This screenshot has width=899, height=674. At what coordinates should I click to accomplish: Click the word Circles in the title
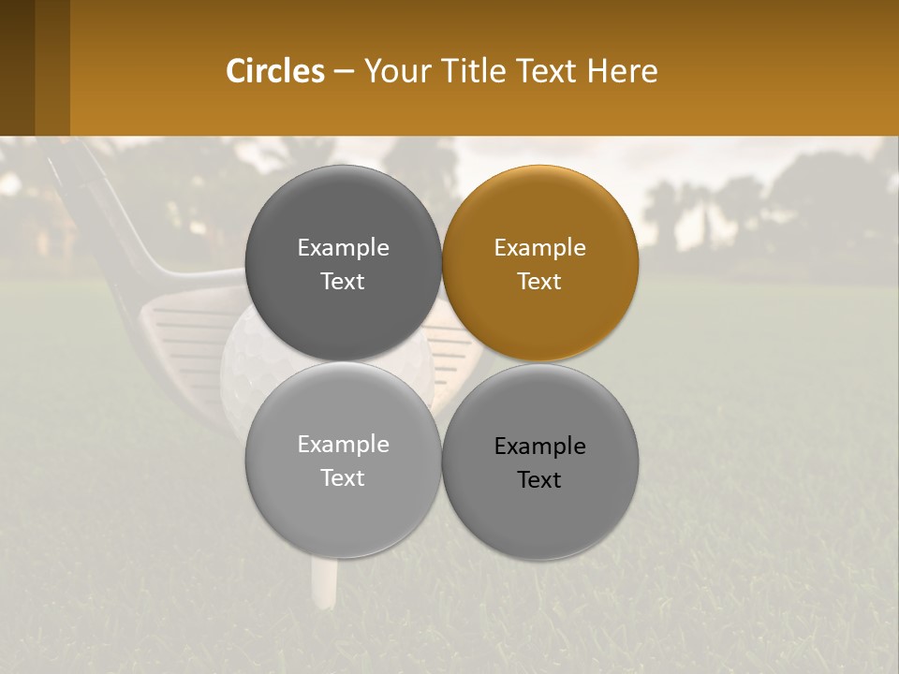275,71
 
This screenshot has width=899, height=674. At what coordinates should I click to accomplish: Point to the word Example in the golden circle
539,248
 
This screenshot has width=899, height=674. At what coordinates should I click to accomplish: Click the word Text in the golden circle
539,282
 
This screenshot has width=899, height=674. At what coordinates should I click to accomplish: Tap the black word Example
539,447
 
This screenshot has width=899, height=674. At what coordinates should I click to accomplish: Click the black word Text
539,480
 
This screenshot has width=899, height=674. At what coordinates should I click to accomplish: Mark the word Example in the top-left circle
343,248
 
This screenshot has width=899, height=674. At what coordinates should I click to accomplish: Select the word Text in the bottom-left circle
343,478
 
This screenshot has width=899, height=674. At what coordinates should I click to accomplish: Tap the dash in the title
343,72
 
